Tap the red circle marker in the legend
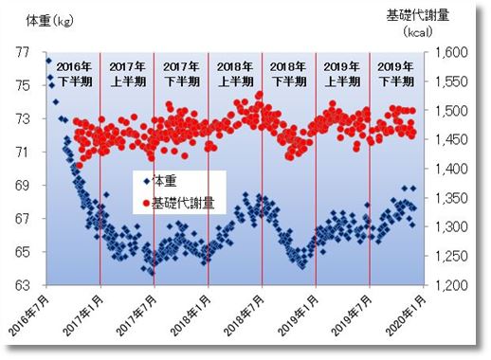144,202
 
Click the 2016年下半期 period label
75,74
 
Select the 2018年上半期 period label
235,74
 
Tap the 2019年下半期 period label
395,74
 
